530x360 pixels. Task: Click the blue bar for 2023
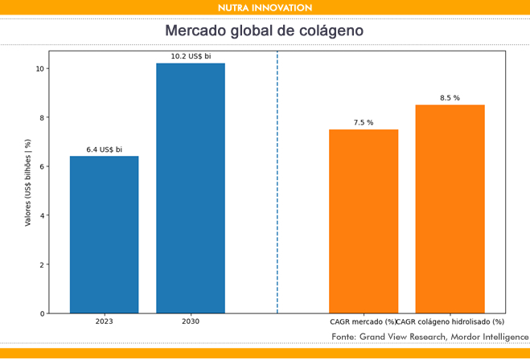pos(104,235)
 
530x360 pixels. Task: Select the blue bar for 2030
pos(191,188)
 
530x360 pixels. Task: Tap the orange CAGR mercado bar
pos(364,221)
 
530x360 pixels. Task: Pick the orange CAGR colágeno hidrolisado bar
pos(450,209)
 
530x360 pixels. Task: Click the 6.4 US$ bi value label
pos(105,149)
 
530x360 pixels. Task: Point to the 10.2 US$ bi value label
pos(191,56)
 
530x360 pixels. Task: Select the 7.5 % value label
pos(364,123)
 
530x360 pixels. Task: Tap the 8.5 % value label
pos(450,98)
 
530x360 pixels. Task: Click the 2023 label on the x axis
pos(104,321)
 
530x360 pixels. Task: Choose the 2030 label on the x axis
pos(191,321)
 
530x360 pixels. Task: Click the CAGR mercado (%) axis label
pos(364,321)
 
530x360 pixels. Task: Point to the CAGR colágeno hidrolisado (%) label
pos(451,321)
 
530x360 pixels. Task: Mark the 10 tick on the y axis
pos(39,68)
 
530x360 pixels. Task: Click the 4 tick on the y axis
pos(42,215)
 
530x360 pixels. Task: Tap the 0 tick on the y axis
pos(42,313)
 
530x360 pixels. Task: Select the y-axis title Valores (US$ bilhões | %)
pos(28,182)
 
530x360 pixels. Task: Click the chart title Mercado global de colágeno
pos(265,31)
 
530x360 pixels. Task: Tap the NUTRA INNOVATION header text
pos(265,7)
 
